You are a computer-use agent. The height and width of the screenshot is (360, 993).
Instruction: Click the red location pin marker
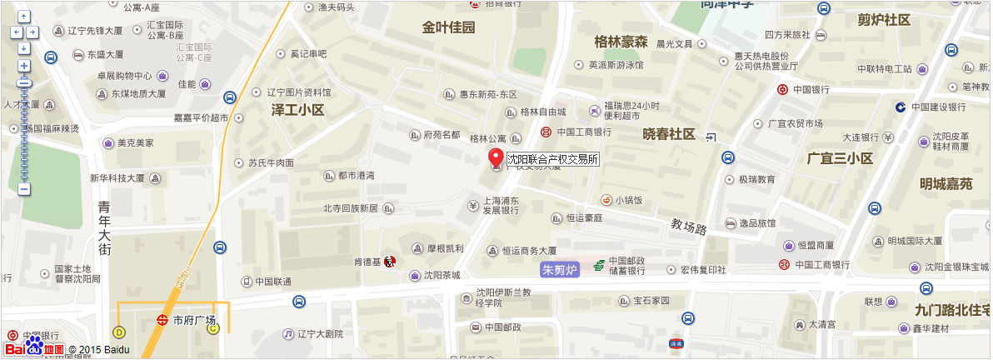click(496, 157)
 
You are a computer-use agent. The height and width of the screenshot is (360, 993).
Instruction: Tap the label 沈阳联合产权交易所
click(553, 158)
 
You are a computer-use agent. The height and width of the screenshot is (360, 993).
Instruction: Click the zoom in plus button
click(24, 66)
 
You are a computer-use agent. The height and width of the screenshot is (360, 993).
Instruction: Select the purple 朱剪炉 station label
click(559, 270)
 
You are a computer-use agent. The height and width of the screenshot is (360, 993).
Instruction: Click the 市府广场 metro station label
click(193, 320)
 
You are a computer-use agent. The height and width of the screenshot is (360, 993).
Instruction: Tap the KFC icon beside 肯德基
click(390, 261)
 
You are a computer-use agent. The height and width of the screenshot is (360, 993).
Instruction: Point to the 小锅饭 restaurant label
click(628, 200)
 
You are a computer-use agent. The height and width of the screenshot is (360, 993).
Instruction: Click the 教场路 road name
click(689, 226)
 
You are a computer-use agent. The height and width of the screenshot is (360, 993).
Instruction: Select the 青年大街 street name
click(104, 227)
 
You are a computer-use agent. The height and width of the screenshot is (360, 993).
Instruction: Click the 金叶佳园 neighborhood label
click(448, 27)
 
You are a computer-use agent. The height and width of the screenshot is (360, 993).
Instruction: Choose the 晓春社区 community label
click(669, 134)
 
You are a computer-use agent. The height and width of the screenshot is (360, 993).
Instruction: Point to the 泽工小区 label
click(297, 110)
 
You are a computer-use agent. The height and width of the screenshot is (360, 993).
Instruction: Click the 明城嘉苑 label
click(946, 184)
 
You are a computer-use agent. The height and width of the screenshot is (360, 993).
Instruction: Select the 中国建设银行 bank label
click(938, 107)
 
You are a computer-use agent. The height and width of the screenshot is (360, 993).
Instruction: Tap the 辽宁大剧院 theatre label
click(320, 333)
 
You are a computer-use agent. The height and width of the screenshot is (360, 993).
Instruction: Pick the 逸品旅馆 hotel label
click(757, 223)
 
